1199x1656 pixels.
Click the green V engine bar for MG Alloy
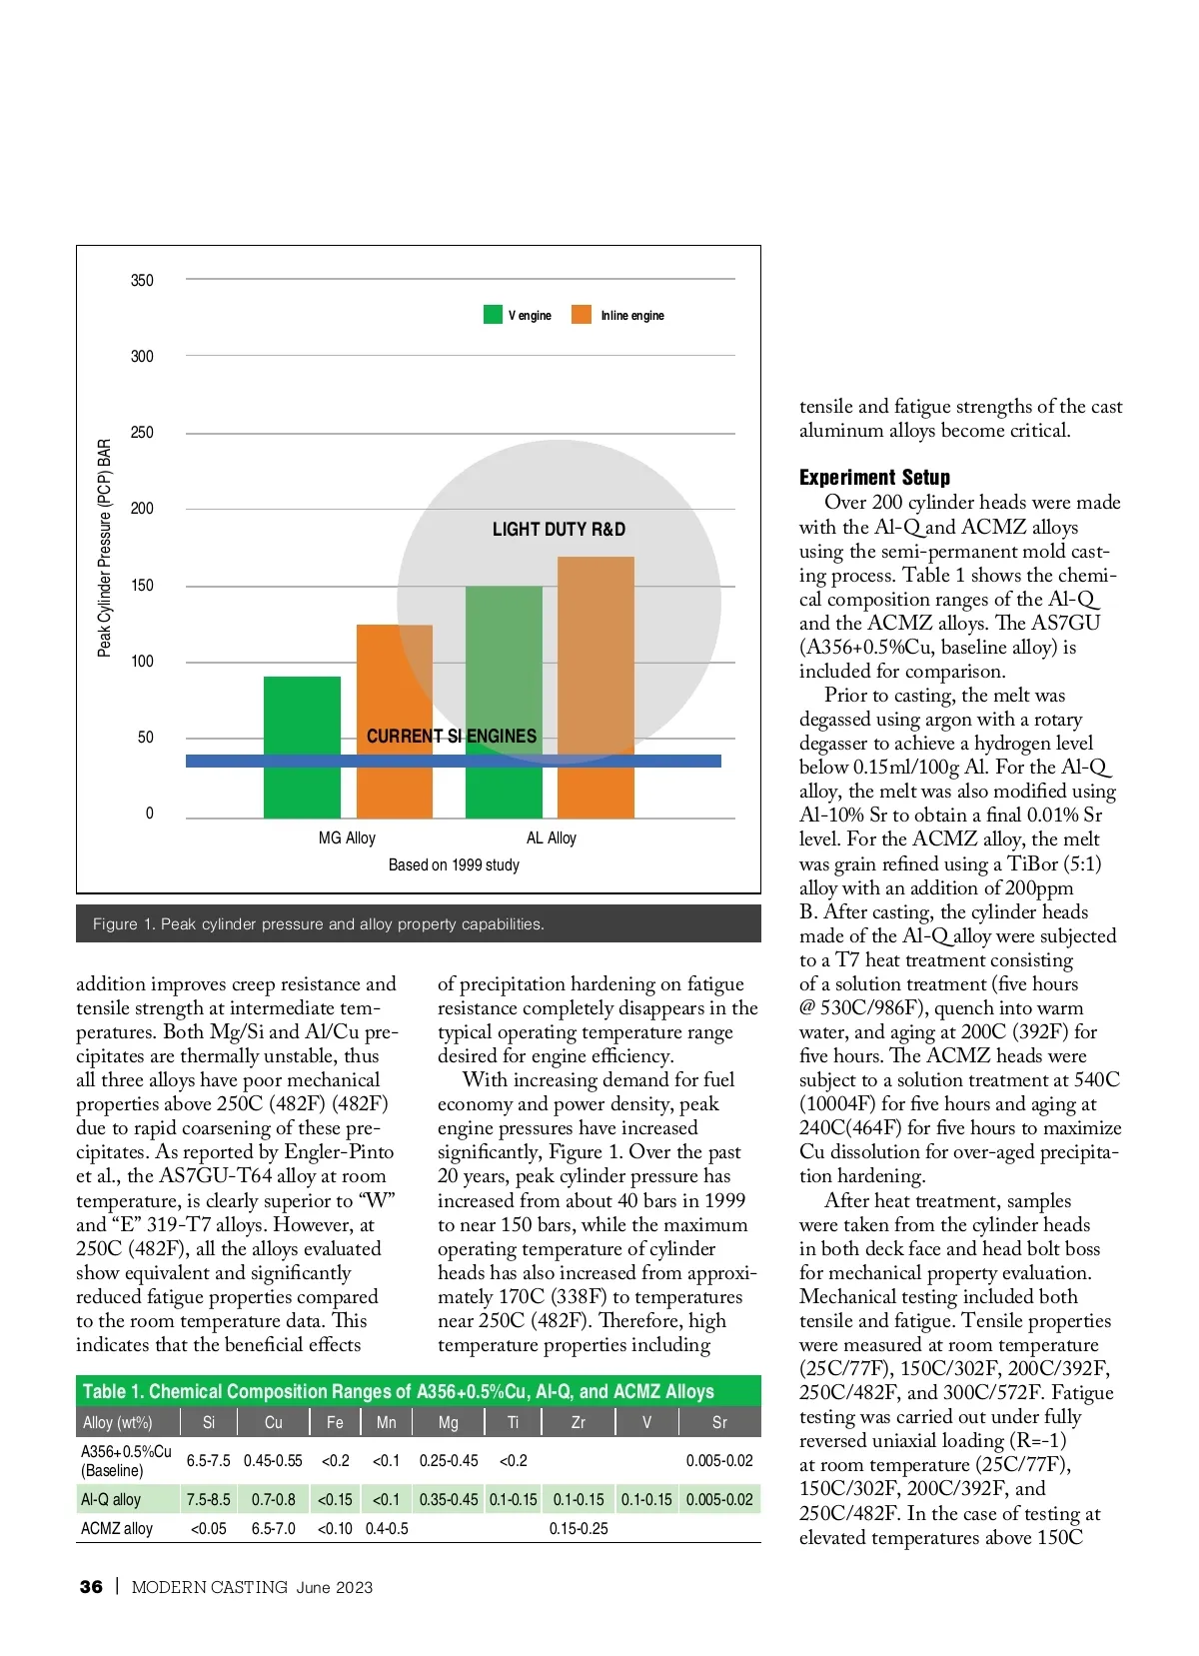point(302,747)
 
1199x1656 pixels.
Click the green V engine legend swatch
point(493,315)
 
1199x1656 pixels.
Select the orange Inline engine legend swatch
point(581,315)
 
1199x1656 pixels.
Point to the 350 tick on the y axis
point(142,281)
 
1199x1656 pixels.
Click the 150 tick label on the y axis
point(142,586)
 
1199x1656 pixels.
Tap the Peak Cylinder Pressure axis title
point(105,548)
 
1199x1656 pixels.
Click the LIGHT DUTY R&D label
point(559,530)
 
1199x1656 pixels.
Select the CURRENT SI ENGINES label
point(452,737)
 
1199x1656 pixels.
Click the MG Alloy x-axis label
point(347,838)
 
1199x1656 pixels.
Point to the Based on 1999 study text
point(454,865)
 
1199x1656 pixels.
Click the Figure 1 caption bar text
point(318,924)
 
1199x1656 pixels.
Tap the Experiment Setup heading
point(874,478)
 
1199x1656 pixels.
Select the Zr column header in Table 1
point(578,1422)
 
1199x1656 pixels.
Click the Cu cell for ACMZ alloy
point(273,1529)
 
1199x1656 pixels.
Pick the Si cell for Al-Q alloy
point(208,1500)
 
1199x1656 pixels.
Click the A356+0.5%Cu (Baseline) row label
point(126,1461)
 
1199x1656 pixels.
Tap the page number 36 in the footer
point(91,1587)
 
